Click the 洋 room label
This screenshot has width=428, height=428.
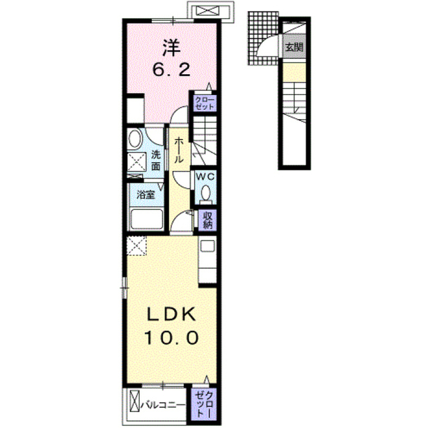[172, 47]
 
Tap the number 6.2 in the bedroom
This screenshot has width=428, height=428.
[171, 70]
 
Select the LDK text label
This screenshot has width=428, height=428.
[171, 314]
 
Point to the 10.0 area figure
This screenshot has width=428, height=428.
[171, 338]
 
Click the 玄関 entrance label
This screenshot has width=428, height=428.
[294, 47]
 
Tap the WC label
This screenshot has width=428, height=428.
[205, 177]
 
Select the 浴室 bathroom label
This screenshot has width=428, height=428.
[146, 195]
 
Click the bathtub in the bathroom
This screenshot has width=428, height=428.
[146, 219]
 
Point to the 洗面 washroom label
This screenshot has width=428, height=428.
[156, 160]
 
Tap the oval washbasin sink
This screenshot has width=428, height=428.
[134, 138]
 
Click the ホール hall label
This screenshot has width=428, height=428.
[179, 150]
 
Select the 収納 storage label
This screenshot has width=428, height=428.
[207, 220]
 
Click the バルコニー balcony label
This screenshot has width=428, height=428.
[163, 405]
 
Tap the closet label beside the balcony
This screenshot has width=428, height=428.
[205, 404]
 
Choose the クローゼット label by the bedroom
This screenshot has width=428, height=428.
[205, 103]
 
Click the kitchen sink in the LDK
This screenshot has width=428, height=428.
[208, 245]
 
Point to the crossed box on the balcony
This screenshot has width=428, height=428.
[134, 401]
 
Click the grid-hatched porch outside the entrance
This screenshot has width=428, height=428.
[263, 38]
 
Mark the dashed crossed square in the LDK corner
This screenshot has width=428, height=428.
[136, 245]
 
